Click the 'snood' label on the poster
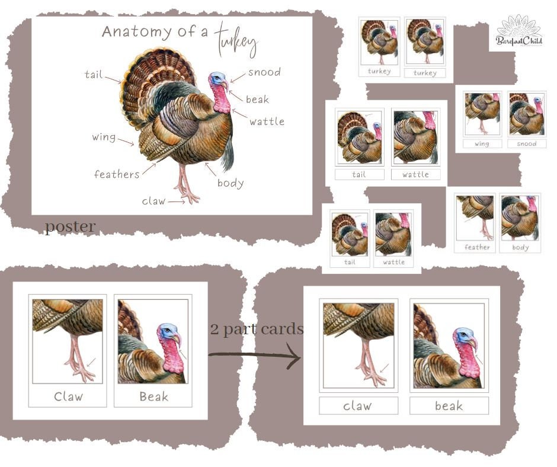[x=264, y=72]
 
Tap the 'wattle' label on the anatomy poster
[x=267, y=121]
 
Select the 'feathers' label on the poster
[x=117, y=174]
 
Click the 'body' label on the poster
[x=231, y=183]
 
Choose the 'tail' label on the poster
[x=93, y=75]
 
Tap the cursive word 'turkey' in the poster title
[x=236, y=40]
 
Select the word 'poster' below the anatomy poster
[x=70, y=227]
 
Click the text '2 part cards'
[x=257, y=329]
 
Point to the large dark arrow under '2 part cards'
[x=255, y=356]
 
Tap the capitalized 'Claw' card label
[x=68, y=396]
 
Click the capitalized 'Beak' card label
[x=153, y=396]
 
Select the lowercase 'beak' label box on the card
[x=449, y=406]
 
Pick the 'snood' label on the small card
[x=526, y=143]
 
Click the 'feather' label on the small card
[x=477, y=247]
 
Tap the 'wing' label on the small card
[x=482, y=143]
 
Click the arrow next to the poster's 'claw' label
[x=176, y=201]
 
